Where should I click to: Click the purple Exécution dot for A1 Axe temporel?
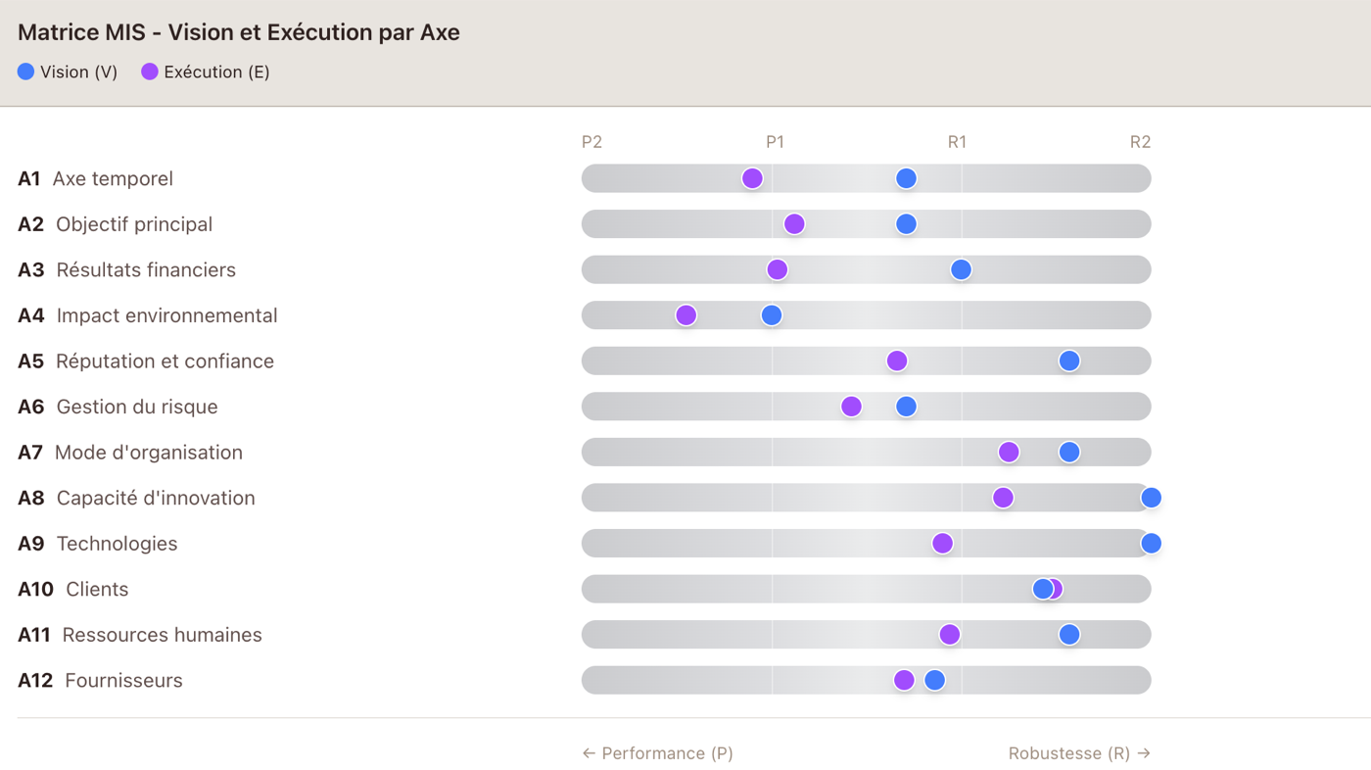pyautogui.click(x=752, y=178)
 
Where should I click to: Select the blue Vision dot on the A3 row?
pyautogui.click(x=961, y=269)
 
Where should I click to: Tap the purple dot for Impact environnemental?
pyautogui.click(x=686, y=315)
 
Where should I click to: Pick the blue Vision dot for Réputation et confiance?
pyautogui.click(x=1069, y=361)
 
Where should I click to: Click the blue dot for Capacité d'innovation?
pyautogui.click(x=1152, y=498)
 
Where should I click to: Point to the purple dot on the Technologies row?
pyautogui.click(x=942, y=543)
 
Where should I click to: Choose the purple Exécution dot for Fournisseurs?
pyautogui.click(x=904, y=680)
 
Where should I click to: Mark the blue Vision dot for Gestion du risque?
pyautogui.click(x=907, y=407)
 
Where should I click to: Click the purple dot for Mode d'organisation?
pyautogui.click(x=1009, y=452)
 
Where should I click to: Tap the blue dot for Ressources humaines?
pyautogui.click(x=1069, y=634)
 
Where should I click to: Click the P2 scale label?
pyautogui.click(x=591, y=142)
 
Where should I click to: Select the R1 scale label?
pyautogui.click(x=958, y=142)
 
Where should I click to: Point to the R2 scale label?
pyautogui.click(x=1140, y=142)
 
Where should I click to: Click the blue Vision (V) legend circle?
pyautogui.click(x=25, y=72)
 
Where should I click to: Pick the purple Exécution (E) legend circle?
pyautogui.click(x=150, y=72)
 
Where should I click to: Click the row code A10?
pyautogui.click(x=35, y=589)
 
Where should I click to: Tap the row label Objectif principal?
pyautogui.click(x=134, y=224)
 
